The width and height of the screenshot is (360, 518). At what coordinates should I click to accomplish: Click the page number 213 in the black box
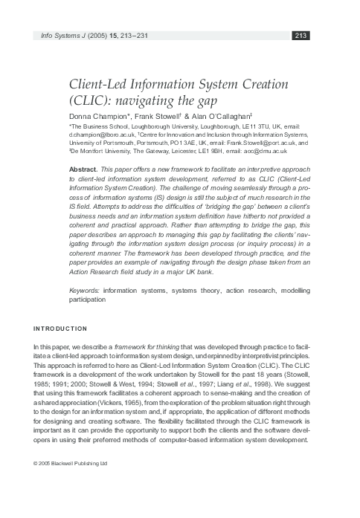click(301, 35)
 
